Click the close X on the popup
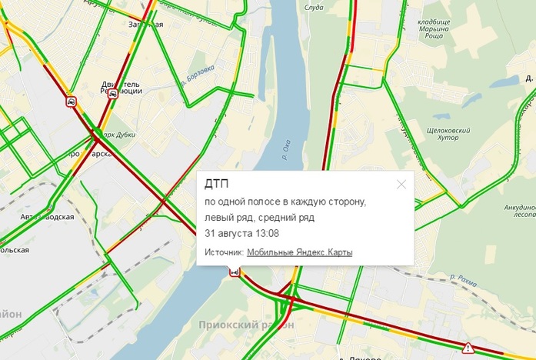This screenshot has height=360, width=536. point(401,185)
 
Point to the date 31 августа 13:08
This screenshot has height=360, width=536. point(241,233)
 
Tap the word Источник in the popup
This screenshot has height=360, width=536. point(224,252)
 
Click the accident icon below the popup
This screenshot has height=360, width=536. point(234,271)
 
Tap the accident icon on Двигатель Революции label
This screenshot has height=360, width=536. point(112,94)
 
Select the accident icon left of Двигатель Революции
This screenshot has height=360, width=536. point(71,101)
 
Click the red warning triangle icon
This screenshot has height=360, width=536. point(468,348)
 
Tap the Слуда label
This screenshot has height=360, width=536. point(314,8)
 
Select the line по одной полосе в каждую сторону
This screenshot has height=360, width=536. point(285,202)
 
